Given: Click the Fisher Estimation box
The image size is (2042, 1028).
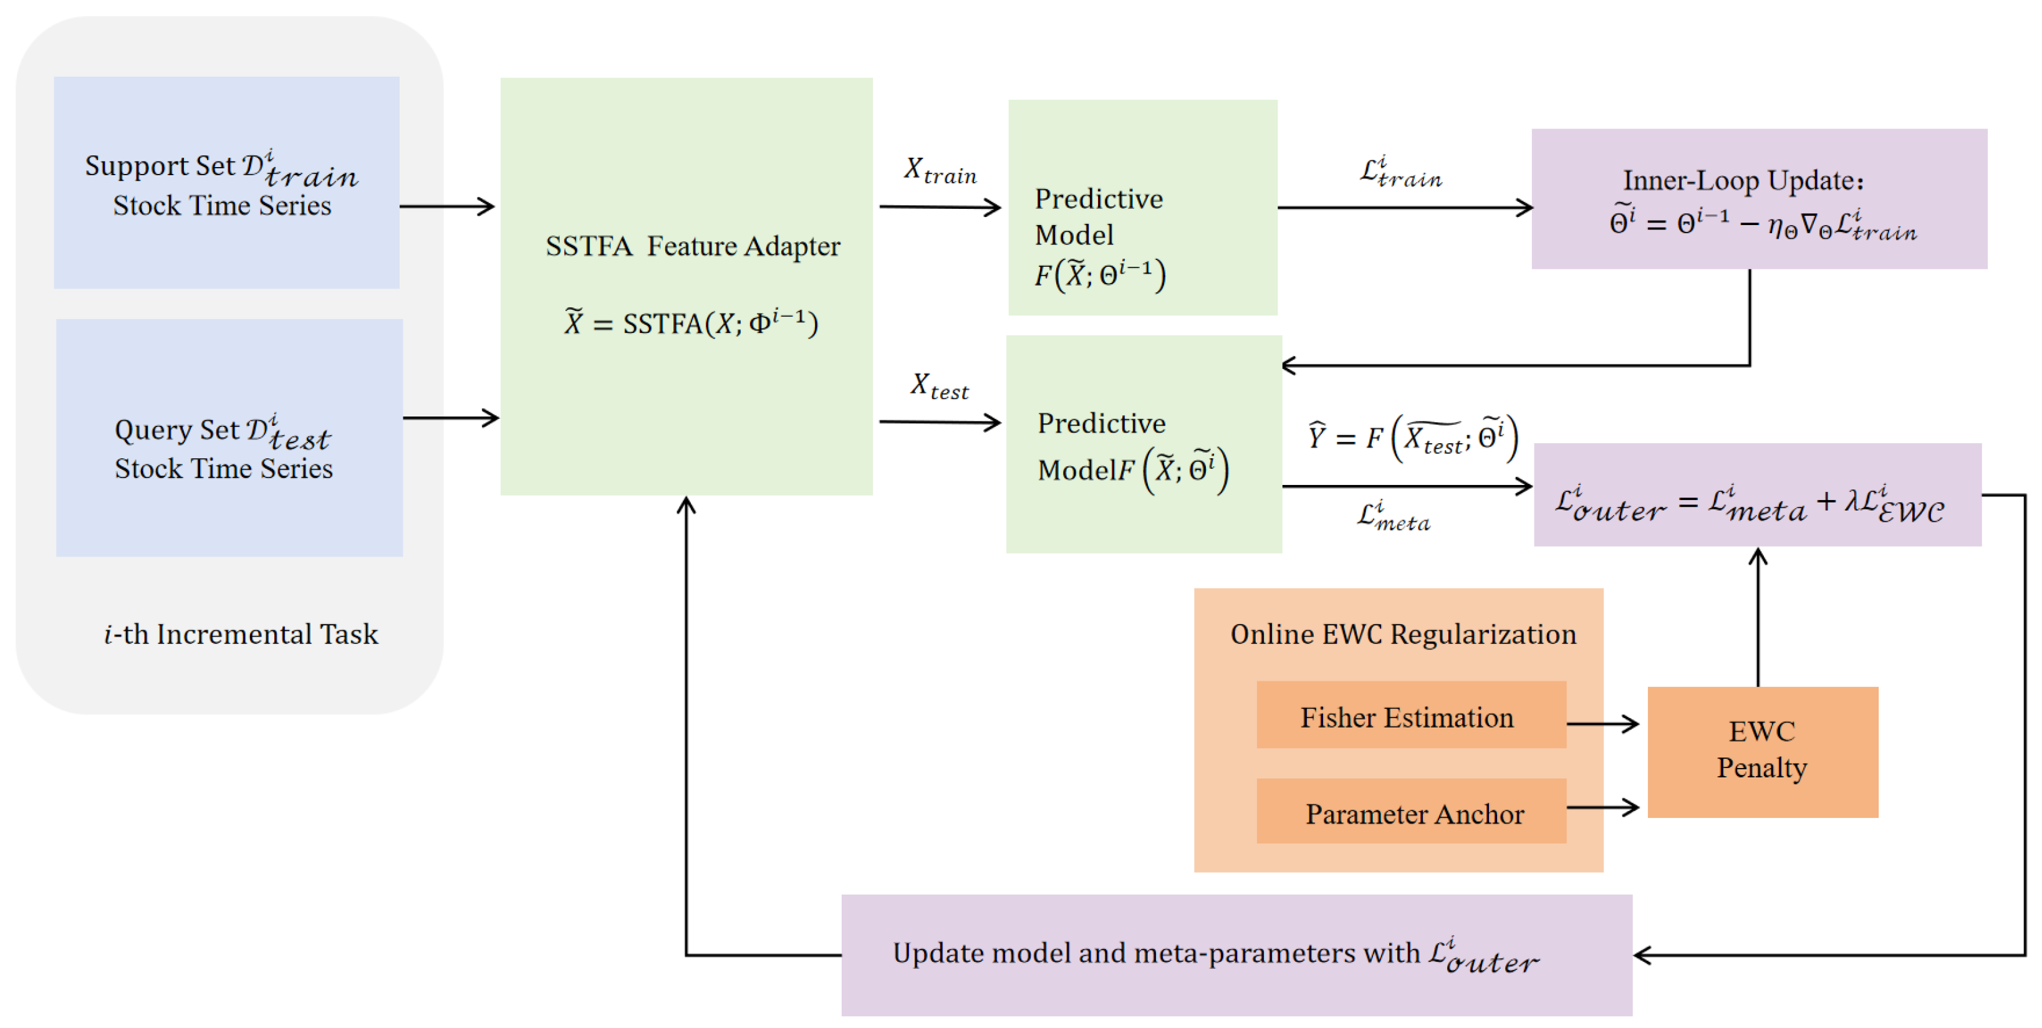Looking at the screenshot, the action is point(1411,714).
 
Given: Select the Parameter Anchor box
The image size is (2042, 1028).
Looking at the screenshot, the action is point(1411,811).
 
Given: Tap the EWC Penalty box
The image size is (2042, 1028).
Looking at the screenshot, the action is point(1763,751).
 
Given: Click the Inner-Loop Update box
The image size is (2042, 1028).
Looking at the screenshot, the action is point(1759,199).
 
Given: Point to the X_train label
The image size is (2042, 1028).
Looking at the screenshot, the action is point(940,170).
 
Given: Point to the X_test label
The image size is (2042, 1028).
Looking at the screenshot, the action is point(940,386).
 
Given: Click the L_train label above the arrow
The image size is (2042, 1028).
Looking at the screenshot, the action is point(1400,172).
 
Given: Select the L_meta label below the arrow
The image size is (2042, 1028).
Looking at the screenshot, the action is point(1394,516).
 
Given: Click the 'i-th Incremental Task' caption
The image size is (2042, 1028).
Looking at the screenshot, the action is point(241,634).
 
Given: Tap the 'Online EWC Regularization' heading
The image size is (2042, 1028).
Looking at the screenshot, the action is point(1403,634).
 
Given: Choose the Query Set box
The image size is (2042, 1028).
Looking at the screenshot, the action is point(229,438).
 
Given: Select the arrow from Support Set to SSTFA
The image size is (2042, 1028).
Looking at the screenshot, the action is point(447,206).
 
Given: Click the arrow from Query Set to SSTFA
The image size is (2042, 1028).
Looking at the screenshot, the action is point(451,418).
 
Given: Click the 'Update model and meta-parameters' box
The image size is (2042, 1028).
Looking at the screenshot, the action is point(1236,955).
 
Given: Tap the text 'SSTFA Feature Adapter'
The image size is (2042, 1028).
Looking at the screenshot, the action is point(693,246).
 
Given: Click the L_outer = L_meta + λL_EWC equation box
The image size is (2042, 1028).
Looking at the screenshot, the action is point(1758,494).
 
